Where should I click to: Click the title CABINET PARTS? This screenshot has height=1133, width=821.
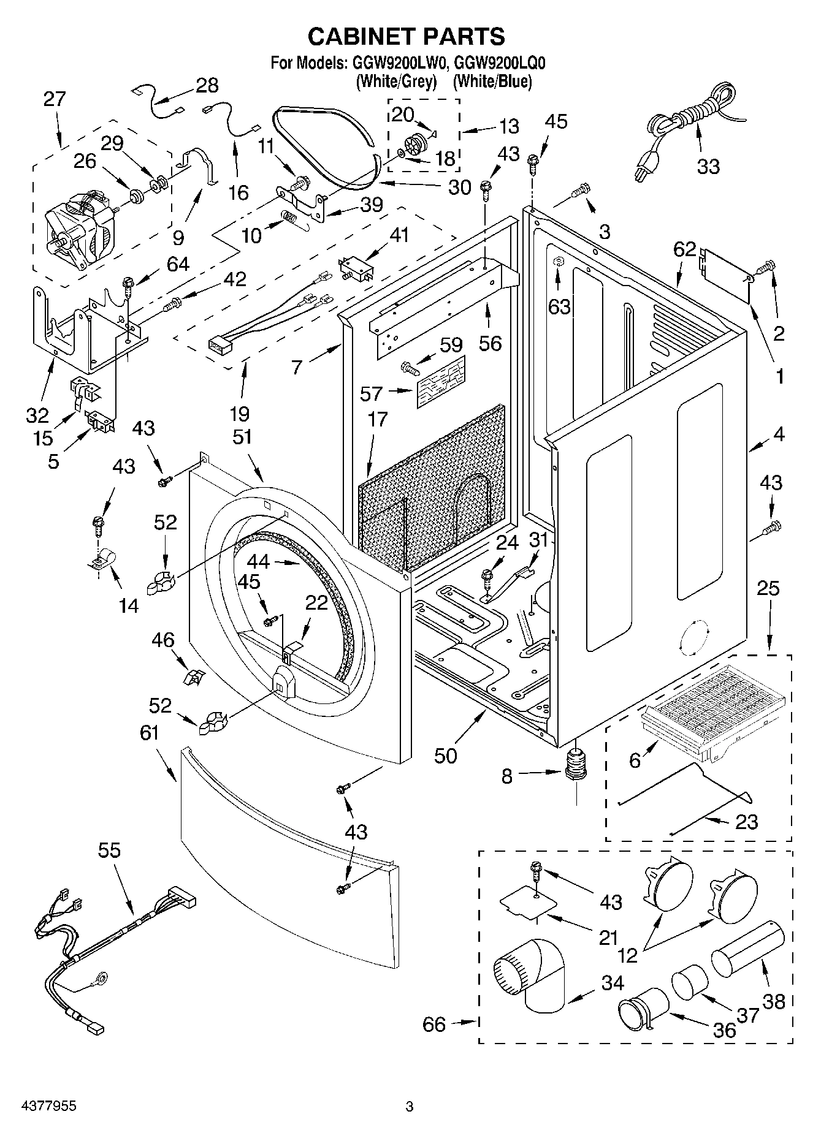point(406,36)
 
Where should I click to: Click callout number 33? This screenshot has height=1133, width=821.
point(708,166)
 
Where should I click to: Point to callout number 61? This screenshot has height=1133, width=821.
point(150,732)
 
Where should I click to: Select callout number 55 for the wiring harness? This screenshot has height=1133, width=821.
point(109,851)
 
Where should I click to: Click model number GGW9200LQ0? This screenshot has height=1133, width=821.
point(501,63)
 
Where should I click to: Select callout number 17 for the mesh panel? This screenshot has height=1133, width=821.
point(378,420)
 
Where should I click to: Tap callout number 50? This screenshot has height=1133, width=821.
point(446,756)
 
